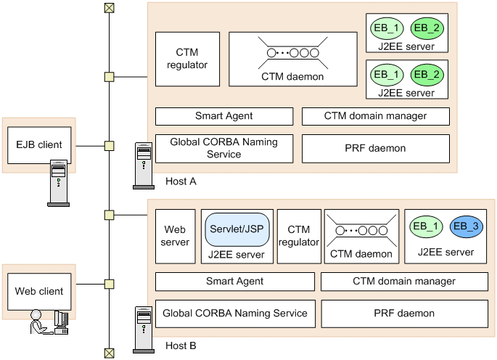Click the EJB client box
click(x=39, y=145)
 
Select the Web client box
click(x=39, y=292)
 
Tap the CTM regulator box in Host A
click(x=187, y=59)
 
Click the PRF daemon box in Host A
click(x=375, y=148)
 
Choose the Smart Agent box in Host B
click(x=235, y=282)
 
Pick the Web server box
click(x=176, y=237)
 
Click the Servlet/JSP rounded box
click(x=236, y=229)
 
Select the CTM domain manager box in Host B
click(x=403, y=282)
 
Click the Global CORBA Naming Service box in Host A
click(x=225, y=148)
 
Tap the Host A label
click(x=180, y=180)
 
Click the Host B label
click(x=181, y=345)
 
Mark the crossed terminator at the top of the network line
click(x=109, y=8)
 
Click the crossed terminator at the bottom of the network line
click(x=109, y=353)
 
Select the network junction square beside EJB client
click(x=109, y=146)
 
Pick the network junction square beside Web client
click(x=109, y=284)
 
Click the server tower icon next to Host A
click(x=143, y=165)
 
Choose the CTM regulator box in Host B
click(x=299, y=237)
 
